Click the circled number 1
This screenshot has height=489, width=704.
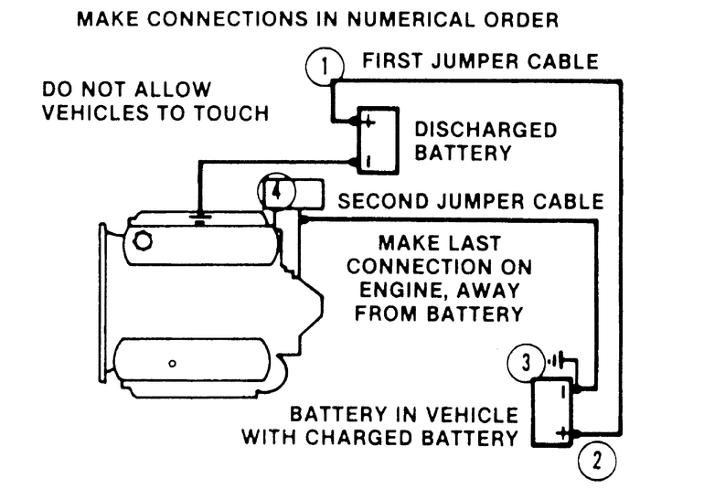tap(327, 66)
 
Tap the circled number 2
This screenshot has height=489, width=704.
tap(597, 458)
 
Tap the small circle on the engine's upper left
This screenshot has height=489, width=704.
tap(143, 240)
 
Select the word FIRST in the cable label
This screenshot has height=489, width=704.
tap(399, 62)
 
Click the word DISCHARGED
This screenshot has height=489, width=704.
tap(485, 130)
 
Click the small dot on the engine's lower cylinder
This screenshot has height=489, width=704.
tap(173, 362)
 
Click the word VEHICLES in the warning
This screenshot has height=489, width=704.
tap(92, 113)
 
